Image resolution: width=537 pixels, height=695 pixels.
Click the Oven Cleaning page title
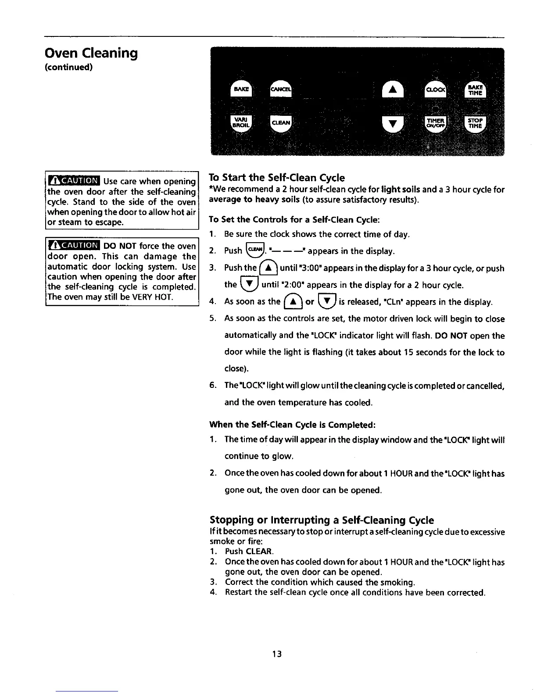(x=91, y=53)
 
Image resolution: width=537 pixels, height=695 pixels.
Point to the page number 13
(x=276, y=654)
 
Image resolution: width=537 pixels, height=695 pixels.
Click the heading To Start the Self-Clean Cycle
(x=277, y=178)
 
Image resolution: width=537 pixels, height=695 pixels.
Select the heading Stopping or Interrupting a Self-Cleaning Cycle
(x=322, y=520)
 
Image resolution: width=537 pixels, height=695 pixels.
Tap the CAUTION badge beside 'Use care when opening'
(x=74, y=181)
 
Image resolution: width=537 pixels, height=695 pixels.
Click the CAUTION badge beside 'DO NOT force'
(x=74, y=246)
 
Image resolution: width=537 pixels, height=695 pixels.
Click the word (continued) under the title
(x=68, y=67)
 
